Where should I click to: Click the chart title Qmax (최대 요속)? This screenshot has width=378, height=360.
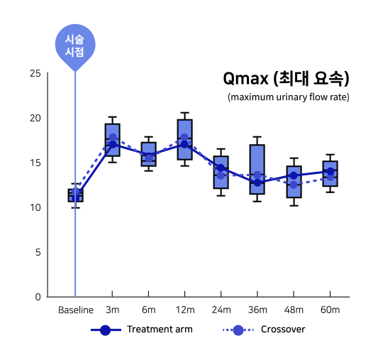click(x=286, y=78)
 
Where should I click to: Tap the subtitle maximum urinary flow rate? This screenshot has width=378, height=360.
click(x=289, y=97)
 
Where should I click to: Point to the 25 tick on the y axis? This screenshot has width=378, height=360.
click(x=35, y=73)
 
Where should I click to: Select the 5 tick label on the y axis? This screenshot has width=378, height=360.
click(x=38, y=252)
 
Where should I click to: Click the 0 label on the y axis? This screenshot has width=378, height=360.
click(x=38, y=297)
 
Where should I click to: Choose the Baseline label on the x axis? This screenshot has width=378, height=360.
click(x=76, y=310)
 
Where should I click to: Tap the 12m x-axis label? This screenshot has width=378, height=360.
click(x=185, y=310)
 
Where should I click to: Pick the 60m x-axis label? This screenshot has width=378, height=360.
click(x=330, y=310)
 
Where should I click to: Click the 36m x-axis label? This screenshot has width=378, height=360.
click(x=257, y=310)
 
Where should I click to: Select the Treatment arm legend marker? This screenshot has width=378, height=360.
click(x=106, y=330)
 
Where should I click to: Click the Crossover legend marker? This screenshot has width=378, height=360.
click(x=238, y=330)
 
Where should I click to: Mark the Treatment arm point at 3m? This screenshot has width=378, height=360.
click(x=113, y=145)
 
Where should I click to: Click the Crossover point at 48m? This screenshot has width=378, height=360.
click(x=294, y=185)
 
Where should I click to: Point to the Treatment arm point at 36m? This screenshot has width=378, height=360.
click(x=257, y=182)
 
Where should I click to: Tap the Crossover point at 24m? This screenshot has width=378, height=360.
click(x=221, y=175)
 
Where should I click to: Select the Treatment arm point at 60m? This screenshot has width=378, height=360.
click(x=330, y=171)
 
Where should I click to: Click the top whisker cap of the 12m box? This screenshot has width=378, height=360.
click(x=184, y=113)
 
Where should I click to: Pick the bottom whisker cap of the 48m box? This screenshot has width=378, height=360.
click(x=294, y=206)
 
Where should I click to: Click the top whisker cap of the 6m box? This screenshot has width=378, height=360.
click(x=148, y=137)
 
